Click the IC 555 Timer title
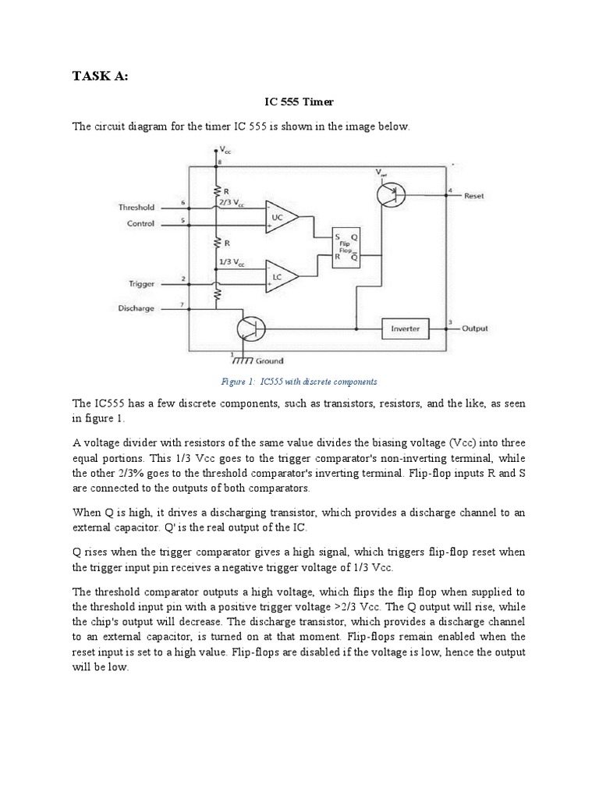300,101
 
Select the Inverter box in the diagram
405,328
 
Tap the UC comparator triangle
279,216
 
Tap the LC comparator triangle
279,275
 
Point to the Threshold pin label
136,208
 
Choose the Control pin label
140,224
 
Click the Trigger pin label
141,284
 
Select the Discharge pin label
136,308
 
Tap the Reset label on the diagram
473,196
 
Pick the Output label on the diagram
475,328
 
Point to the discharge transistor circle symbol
250,328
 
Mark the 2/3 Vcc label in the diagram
231,202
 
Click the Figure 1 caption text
299,382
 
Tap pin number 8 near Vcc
220,162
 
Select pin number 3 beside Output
451,321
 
